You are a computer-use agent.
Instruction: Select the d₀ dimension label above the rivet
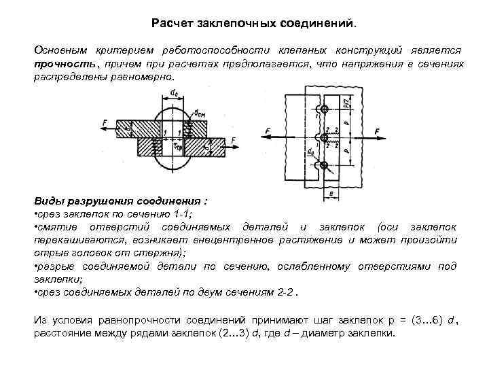click(x=175, y=91)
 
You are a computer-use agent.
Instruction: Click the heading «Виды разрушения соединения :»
click(x=121, y=202)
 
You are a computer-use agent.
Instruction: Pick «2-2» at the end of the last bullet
click(x=288, y=291)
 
